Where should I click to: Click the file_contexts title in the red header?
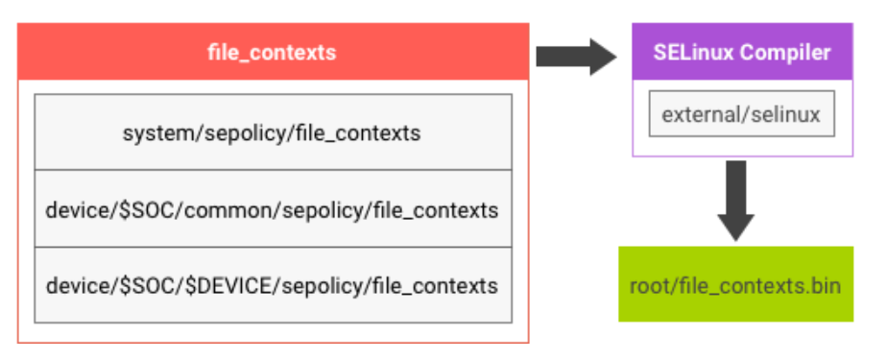(272, 53)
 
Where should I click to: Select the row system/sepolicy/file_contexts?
(272, 132)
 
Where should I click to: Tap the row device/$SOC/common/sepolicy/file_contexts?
(272, 209)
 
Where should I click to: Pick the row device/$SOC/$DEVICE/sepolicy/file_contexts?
(272, 285)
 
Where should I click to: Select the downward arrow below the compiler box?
(735, 200)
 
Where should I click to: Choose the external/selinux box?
(741, 114)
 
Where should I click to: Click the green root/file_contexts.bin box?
(735, 285)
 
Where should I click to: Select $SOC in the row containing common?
(150, 209)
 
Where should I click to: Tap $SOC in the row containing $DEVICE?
(150, 285)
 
